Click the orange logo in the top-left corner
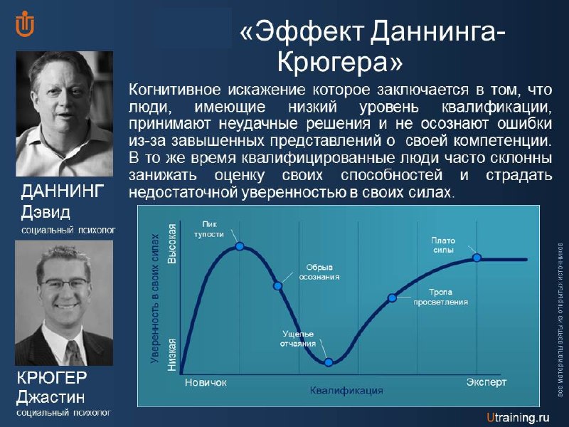pyautogui.click(x=25, y=24)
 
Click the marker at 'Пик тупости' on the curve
pyautogui.click(x=240, y=246)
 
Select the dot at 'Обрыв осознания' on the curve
pyautogui.click(x=277, y=286)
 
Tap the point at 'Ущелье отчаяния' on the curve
pyautogui.click(x=329, y=362)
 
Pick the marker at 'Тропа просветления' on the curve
pyautogui.click(x=392, y=298)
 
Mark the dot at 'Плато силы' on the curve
pyautogui.click(x=477, y=258)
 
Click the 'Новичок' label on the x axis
pyautogui.click(x=206, y=382)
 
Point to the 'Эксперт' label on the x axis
pyautogui.click(x=486, y=382)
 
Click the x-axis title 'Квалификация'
pyautogui.click(x=346, y=391)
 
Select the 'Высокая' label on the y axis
pyautogui.click(x=171, y=243)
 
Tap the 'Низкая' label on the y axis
pyautogui.click(x=171, y=354)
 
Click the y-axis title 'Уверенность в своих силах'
pyautogui.click(x=155, y=298)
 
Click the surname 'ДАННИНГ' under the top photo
pyautogui.click(x=63, y=191)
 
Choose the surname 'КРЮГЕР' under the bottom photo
pyautogui.click(x=51, y=378)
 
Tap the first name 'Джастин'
pyautogui.click(x=50, y=397)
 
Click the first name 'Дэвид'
pyautogui.click(x=46, y=211)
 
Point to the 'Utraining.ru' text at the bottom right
pyautogui.click(x=518, y=418)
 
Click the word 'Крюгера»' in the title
pyautogui.click(x=340, y=62)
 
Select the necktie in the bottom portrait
pyautogui.click(x=74, y=353)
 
